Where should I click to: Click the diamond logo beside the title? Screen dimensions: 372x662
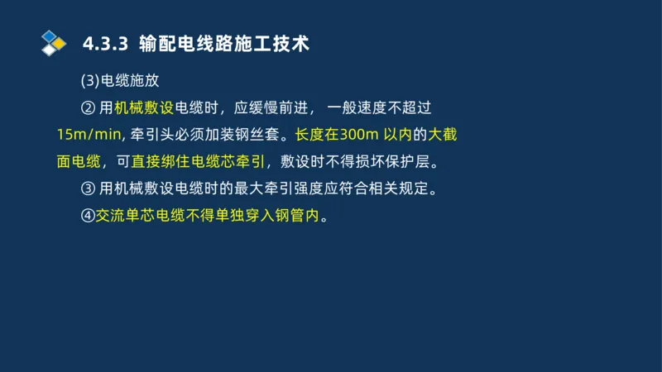(53, 43)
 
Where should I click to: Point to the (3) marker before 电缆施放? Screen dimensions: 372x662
(89, 81)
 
